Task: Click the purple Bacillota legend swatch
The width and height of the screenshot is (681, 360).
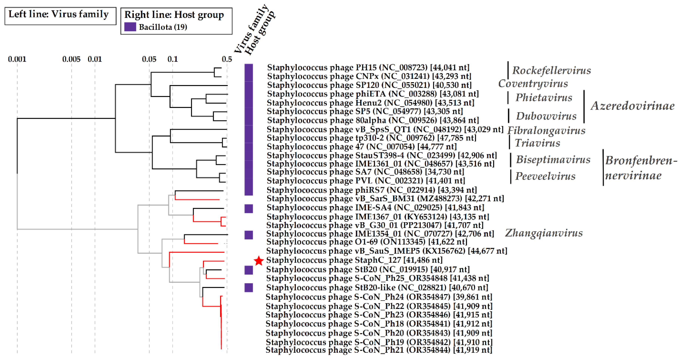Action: pos(130,27)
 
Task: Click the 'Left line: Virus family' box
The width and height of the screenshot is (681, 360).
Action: pos(60,16)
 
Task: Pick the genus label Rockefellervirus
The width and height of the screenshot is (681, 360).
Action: pos(551,71)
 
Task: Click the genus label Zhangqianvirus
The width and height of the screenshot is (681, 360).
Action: pos(544,233)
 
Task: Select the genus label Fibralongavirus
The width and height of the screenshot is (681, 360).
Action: pos(546,131)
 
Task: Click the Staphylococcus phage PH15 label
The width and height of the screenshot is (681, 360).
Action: pos(368,67)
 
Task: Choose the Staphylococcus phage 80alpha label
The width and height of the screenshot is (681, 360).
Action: pos(373,120)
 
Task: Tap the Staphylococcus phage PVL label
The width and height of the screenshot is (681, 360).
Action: pos(366,181)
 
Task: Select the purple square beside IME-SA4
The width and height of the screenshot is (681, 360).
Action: pos(248,209)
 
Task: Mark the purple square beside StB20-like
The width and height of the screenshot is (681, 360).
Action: pos(248,288)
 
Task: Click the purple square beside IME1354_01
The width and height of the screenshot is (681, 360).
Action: pos(248,235)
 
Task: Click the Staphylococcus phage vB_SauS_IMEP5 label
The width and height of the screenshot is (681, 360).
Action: pos(386,251)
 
